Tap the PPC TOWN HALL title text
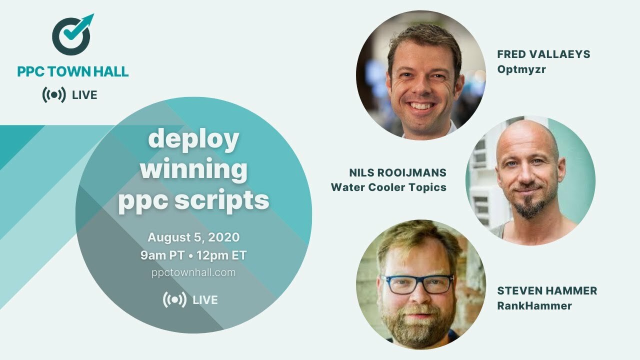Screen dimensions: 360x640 (73, 71)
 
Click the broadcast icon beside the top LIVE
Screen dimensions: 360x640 (53, 95)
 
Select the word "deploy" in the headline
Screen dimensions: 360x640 (193, 140)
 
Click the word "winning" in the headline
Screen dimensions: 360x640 (193, 170)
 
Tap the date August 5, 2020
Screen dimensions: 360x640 (193, 237)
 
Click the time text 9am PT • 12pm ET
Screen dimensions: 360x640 (193, 255)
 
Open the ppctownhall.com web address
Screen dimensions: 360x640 (193, 272)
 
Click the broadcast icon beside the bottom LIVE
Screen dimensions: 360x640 (174, 299)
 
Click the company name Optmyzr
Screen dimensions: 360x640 (521, 69)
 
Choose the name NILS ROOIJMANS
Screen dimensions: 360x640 (398, 173)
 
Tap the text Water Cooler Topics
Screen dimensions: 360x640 (388, 187)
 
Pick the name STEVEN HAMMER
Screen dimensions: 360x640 (547, 291)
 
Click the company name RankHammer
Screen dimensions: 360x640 (534, 306)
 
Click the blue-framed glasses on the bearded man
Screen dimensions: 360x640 (417, 283)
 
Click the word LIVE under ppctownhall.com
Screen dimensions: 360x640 (205, 300)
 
